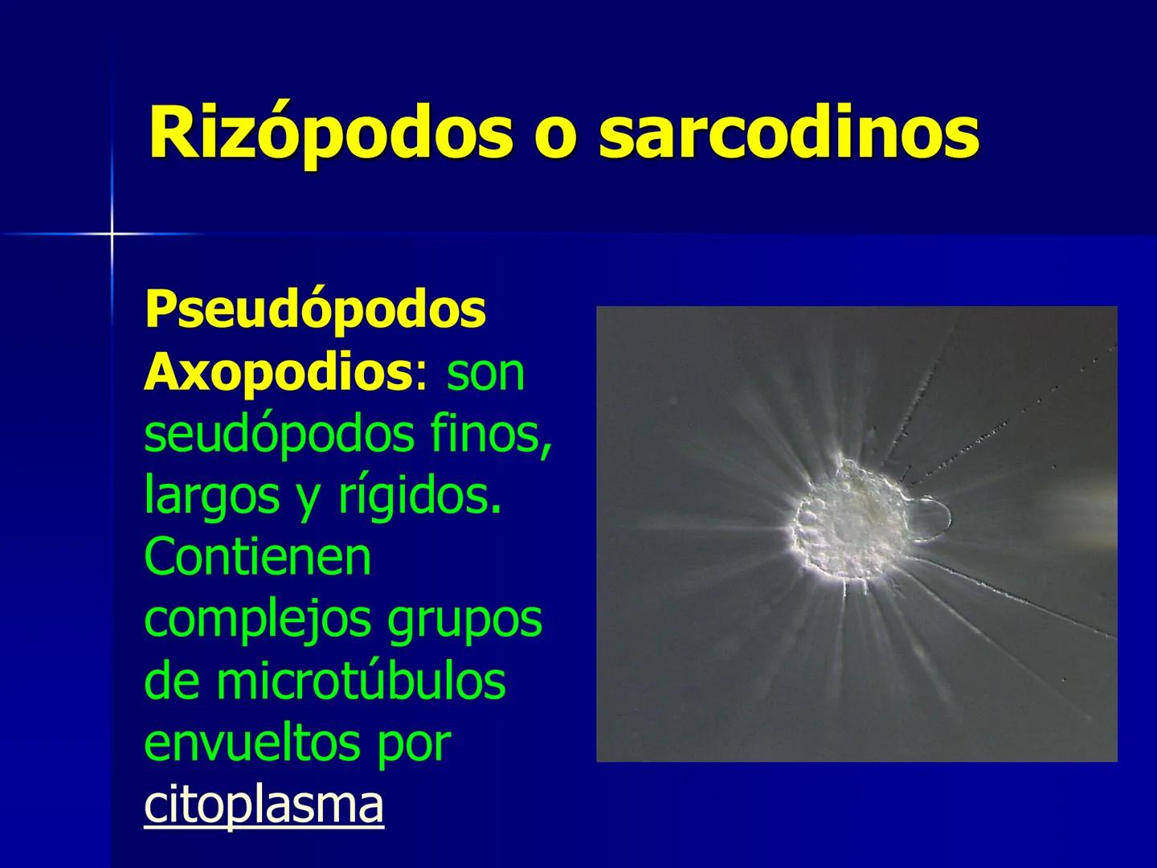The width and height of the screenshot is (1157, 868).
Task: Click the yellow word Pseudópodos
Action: click(315, 310)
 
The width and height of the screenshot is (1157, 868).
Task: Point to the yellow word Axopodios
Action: click(278, 372)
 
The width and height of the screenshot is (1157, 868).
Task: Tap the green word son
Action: click(485, 372)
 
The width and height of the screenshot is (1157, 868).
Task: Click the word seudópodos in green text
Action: click(280, 435)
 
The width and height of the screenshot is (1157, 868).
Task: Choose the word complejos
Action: click(259, 620)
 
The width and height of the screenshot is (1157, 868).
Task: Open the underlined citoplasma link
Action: click(264, 805)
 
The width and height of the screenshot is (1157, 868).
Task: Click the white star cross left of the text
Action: click(112, 234)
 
